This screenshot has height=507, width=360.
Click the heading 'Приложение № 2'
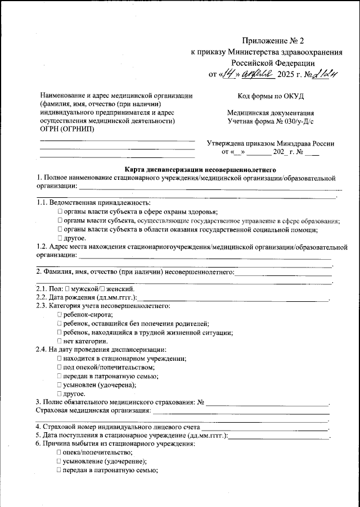272,41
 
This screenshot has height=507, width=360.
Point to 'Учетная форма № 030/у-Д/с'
271,120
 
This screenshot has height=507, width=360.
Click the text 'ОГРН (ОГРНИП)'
67,129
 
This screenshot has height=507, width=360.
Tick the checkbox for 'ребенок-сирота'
60,315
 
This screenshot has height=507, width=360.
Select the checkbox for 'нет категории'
60,341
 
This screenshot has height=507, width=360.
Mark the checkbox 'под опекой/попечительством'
60,367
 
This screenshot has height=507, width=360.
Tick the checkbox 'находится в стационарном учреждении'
60,358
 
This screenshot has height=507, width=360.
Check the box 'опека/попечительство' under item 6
60,452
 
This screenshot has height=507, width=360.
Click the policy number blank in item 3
267,402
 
